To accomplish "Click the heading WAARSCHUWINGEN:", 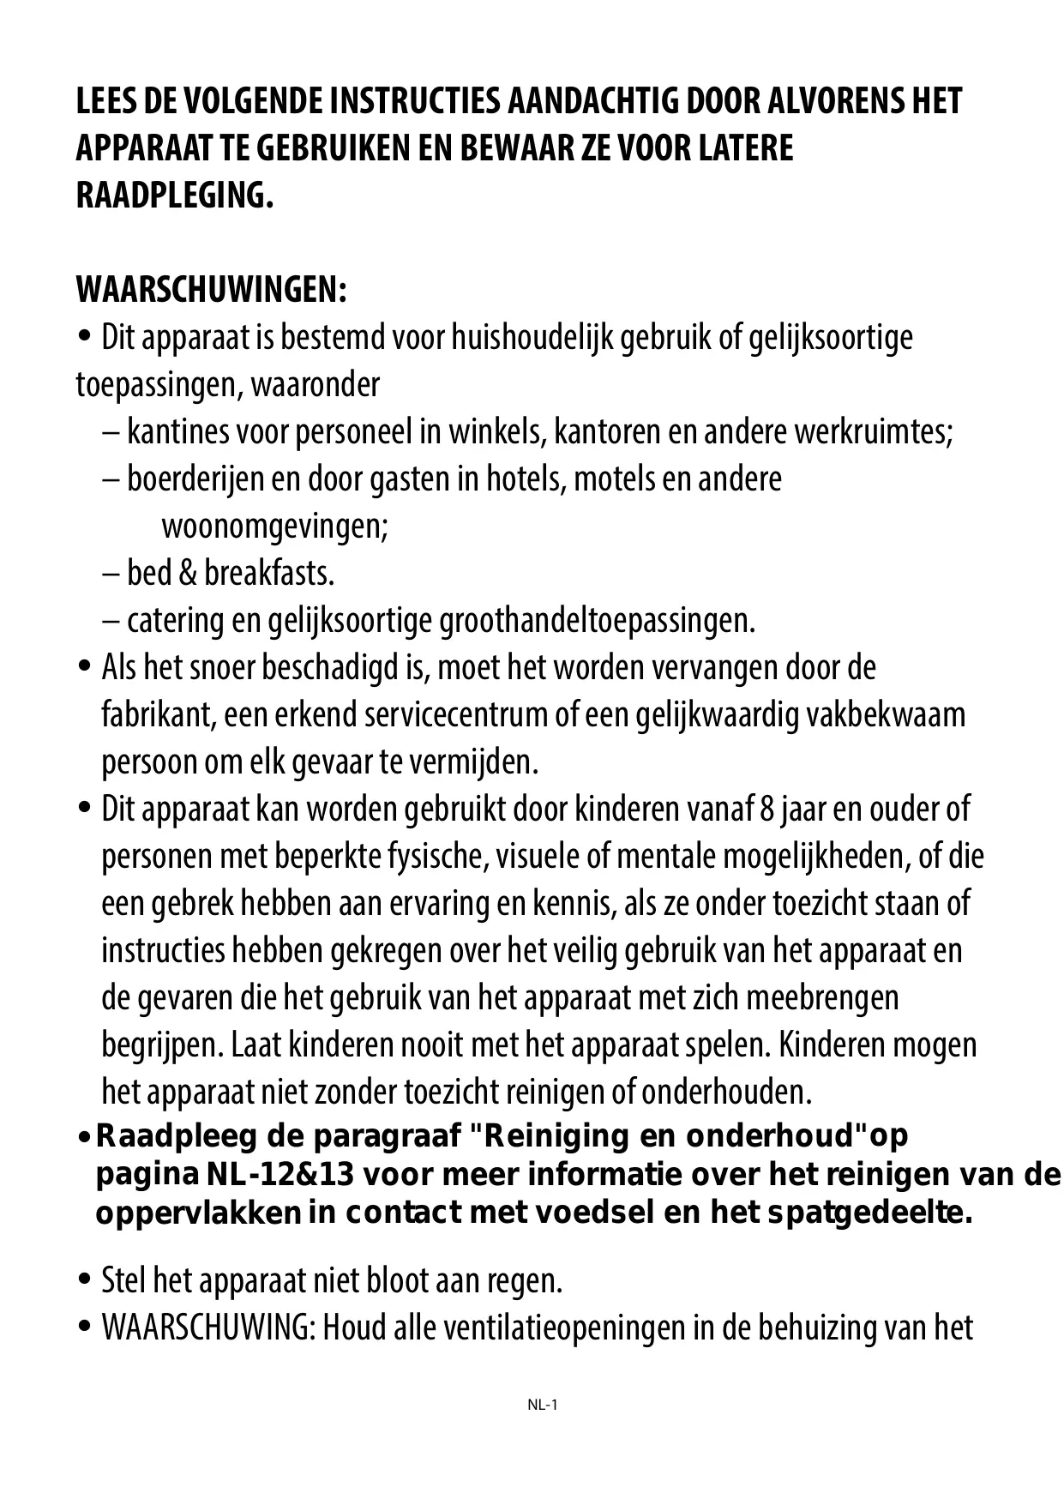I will (211, 291).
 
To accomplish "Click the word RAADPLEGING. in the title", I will (175, 196).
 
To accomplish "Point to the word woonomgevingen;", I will (274, 526).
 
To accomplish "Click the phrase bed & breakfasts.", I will (231, 573).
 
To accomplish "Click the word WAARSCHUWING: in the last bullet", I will (209, 1328).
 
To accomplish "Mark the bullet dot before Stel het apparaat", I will (84, 1280).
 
